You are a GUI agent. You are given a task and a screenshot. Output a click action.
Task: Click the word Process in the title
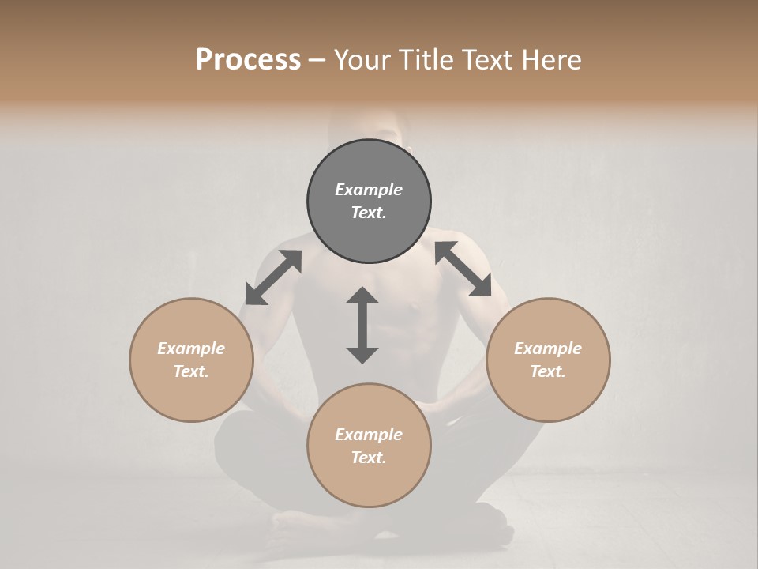(x=248, y=60)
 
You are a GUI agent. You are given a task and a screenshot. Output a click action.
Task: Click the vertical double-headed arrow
(x=362, y=325)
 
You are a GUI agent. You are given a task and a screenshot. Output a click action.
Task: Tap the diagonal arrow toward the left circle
(x=273, y=277)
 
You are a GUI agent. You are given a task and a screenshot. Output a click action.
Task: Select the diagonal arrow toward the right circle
(x=463, y=269)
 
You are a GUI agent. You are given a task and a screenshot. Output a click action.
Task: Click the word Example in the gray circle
(x=369, y=190)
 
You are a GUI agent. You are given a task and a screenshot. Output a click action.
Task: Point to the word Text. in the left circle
(x=191, y=371)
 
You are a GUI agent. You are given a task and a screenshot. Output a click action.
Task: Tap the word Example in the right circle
(x=548, y=349)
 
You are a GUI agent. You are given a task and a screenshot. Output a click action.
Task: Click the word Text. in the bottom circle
(x=369, y=458)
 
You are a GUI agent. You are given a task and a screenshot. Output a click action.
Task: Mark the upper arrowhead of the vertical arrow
(x=362, y=296)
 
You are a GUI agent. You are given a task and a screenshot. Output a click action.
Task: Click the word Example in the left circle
(x=191, y=349)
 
